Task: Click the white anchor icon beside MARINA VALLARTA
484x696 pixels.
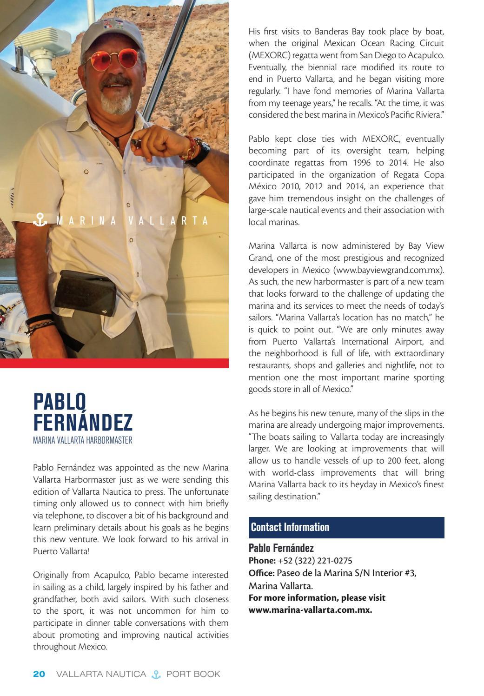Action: click(x=40, y=220)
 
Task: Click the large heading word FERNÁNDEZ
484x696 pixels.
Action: click(x=83, y=422)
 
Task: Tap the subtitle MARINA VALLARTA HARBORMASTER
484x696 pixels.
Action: click(x=82, y=440)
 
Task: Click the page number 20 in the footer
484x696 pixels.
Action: click(x=39, y=674)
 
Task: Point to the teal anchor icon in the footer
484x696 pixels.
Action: click(x=156, y=674)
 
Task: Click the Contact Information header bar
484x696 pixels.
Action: click(x=346, y=527)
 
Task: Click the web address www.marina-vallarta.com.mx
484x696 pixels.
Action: click(x=310, y=610)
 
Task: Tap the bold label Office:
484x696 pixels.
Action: click(x=261, y=573)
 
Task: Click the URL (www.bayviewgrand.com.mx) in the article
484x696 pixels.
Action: click(x=388, y=270)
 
